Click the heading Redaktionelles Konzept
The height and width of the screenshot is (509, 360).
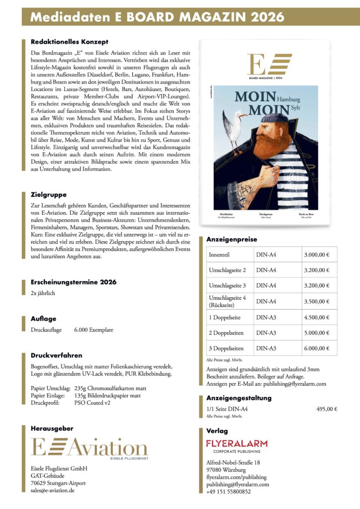(69, 42)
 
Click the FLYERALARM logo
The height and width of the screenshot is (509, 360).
(237, 443)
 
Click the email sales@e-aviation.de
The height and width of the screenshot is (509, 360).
(53, 491)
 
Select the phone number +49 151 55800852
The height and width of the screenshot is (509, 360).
(228, 492)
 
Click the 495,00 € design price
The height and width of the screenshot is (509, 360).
(326, 409)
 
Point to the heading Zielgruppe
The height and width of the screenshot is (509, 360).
(49, 194)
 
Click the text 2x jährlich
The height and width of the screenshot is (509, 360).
(43, 293)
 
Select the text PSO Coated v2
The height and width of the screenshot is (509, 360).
(92, 403)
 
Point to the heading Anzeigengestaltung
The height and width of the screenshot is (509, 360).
(239, 398)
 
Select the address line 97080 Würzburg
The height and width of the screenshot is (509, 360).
(226, 470)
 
